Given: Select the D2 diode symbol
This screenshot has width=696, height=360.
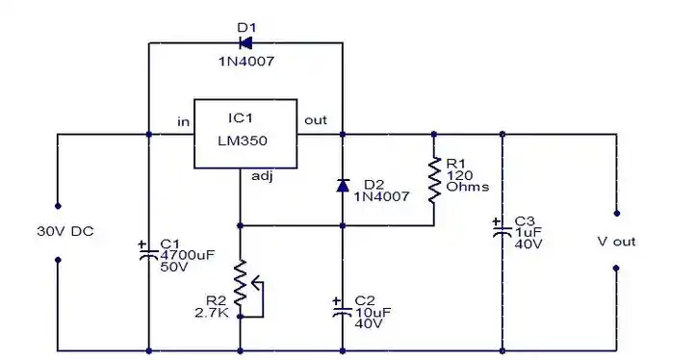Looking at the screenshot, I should pos(343,184).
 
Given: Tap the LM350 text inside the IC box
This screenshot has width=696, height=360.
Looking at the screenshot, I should pos(243,140).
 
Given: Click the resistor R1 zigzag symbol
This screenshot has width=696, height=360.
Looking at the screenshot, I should pos(433,179).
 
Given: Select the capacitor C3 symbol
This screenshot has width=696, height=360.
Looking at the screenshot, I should pos(502,232).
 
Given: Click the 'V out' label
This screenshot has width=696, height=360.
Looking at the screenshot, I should pos(616,242).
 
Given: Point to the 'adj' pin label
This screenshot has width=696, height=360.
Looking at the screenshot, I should pos(262,176).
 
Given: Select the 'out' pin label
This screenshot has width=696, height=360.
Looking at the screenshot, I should pos(316,120).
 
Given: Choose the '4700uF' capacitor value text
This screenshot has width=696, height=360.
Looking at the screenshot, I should pos(183,254).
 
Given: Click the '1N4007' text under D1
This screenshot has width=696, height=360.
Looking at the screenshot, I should pos(246,62).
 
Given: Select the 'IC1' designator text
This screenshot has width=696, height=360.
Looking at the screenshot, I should pos(241,117).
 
